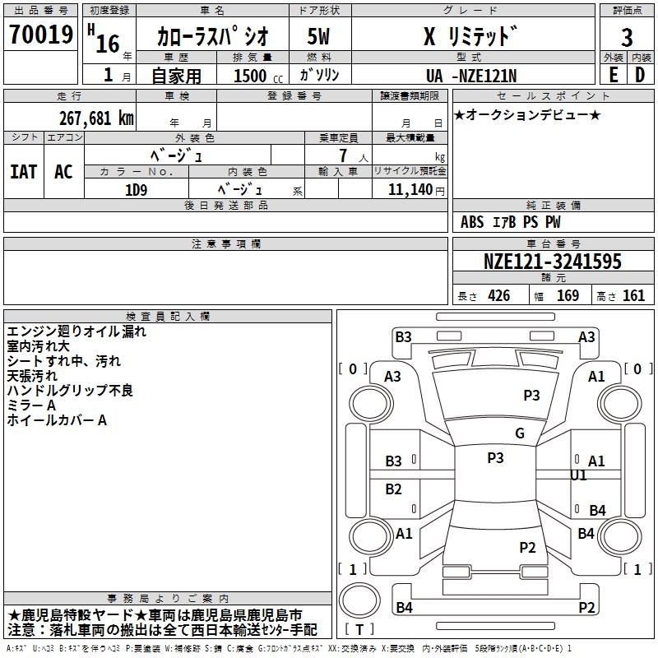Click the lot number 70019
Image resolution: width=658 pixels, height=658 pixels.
[x=40, y=34]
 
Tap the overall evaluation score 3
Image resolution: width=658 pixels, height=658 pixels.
[x=627, y=36]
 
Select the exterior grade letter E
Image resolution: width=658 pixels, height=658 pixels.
[x=613, y=74]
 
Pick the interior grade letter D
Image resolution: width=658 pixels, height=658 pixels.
[x=640, y=74]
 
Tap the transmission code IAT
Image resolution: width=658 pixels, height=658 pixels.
[x=23, y=171]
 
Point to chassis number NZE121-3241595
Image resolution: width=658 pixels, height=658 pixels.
[x=552, y=262]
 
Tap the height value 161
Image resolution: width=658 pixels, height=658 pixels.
[x=633, y=296]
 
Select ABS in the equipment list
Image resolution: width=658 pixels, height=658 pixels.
[x=472, y=222]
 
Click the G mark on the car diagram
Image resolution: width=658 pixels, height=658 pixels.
[x=519, y=433]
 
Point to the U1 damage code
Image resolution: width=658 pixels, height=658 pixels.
[x=578, y=475]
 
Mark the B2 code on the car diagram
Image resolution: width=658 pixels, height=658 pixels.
[x=394, y=489]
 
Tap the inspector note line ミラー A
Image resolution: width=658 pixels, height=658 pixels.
[x=31, y=405]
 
